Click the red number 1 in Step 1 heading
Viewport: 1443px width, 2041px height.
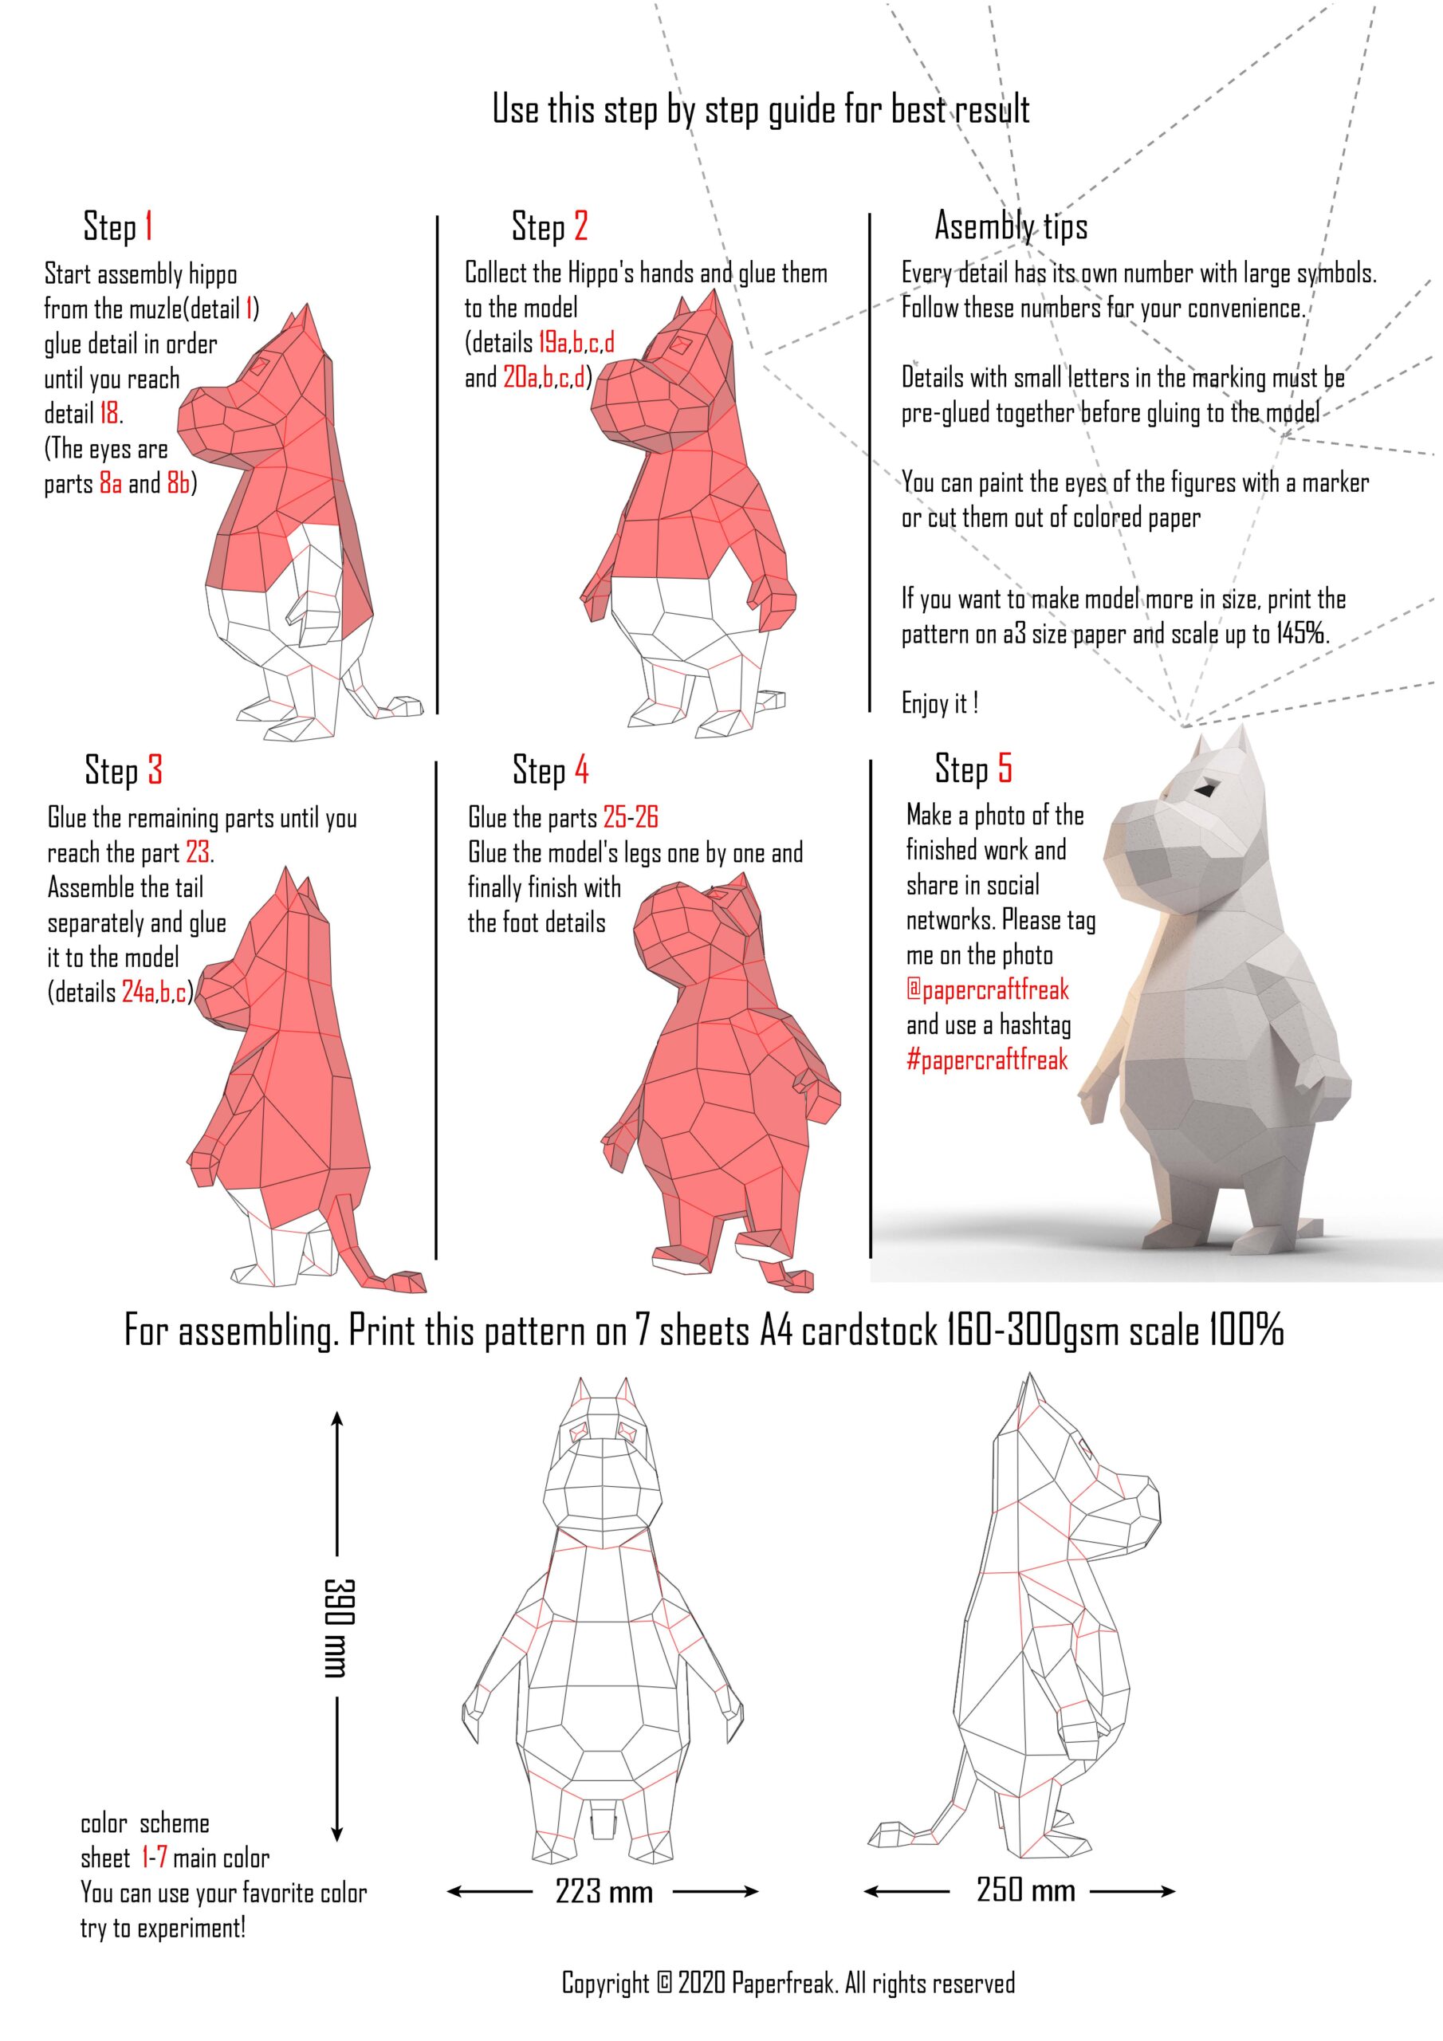point(148,226)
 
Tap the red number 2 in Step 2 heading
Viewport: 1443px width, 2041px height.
point(580,226)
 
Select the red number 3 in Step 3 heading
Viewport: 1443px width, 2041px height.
point(155,770)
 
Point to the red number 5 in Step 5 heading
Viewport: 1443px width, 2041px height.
point(1005,767)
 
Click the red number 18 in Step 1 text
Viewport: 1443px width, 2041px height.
point(108,413)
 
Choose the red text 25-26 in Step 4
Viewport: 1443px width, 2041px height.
point(631,817)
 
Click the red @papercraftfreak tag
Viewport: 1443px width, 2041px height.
point(987,990)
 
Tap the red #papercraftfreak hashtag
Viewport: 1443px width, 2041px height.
point(987,1060)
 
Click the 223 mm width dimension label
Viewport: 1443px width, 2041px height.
point(604,1891)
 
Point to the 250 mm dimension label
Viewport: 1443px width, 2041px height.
point(1025,1889)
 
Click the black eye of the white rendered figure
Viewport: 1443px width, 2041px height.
point(1207,788)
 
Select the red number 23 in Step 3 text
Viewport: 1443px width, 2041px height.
point(198,852)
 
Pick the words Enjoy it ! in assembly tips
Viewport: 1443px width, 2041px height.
point(940,703)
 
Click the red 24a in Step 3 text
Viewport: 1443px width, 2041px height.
point(138,992)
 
